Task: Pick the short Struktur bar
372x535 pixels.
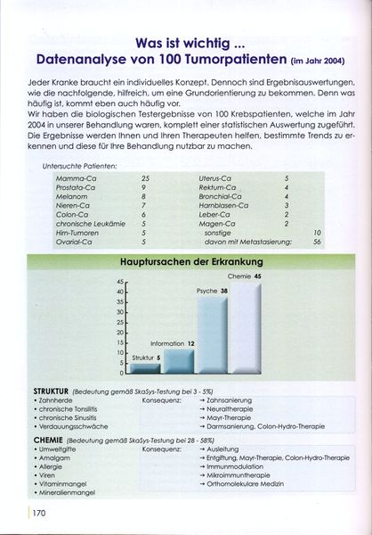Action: (x=146, y=366)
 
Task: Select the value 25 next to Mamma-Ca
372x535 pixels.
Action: (x=145, y=179)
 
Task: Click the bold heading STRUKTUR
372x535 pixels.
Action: (x=53, y=391)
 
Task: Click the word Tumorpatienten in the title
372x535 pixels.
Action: (x=236, y=60)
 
